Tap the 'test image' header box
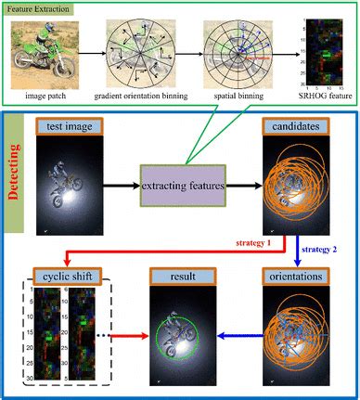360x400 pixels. pyautogui.click(x=73, y=125)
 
